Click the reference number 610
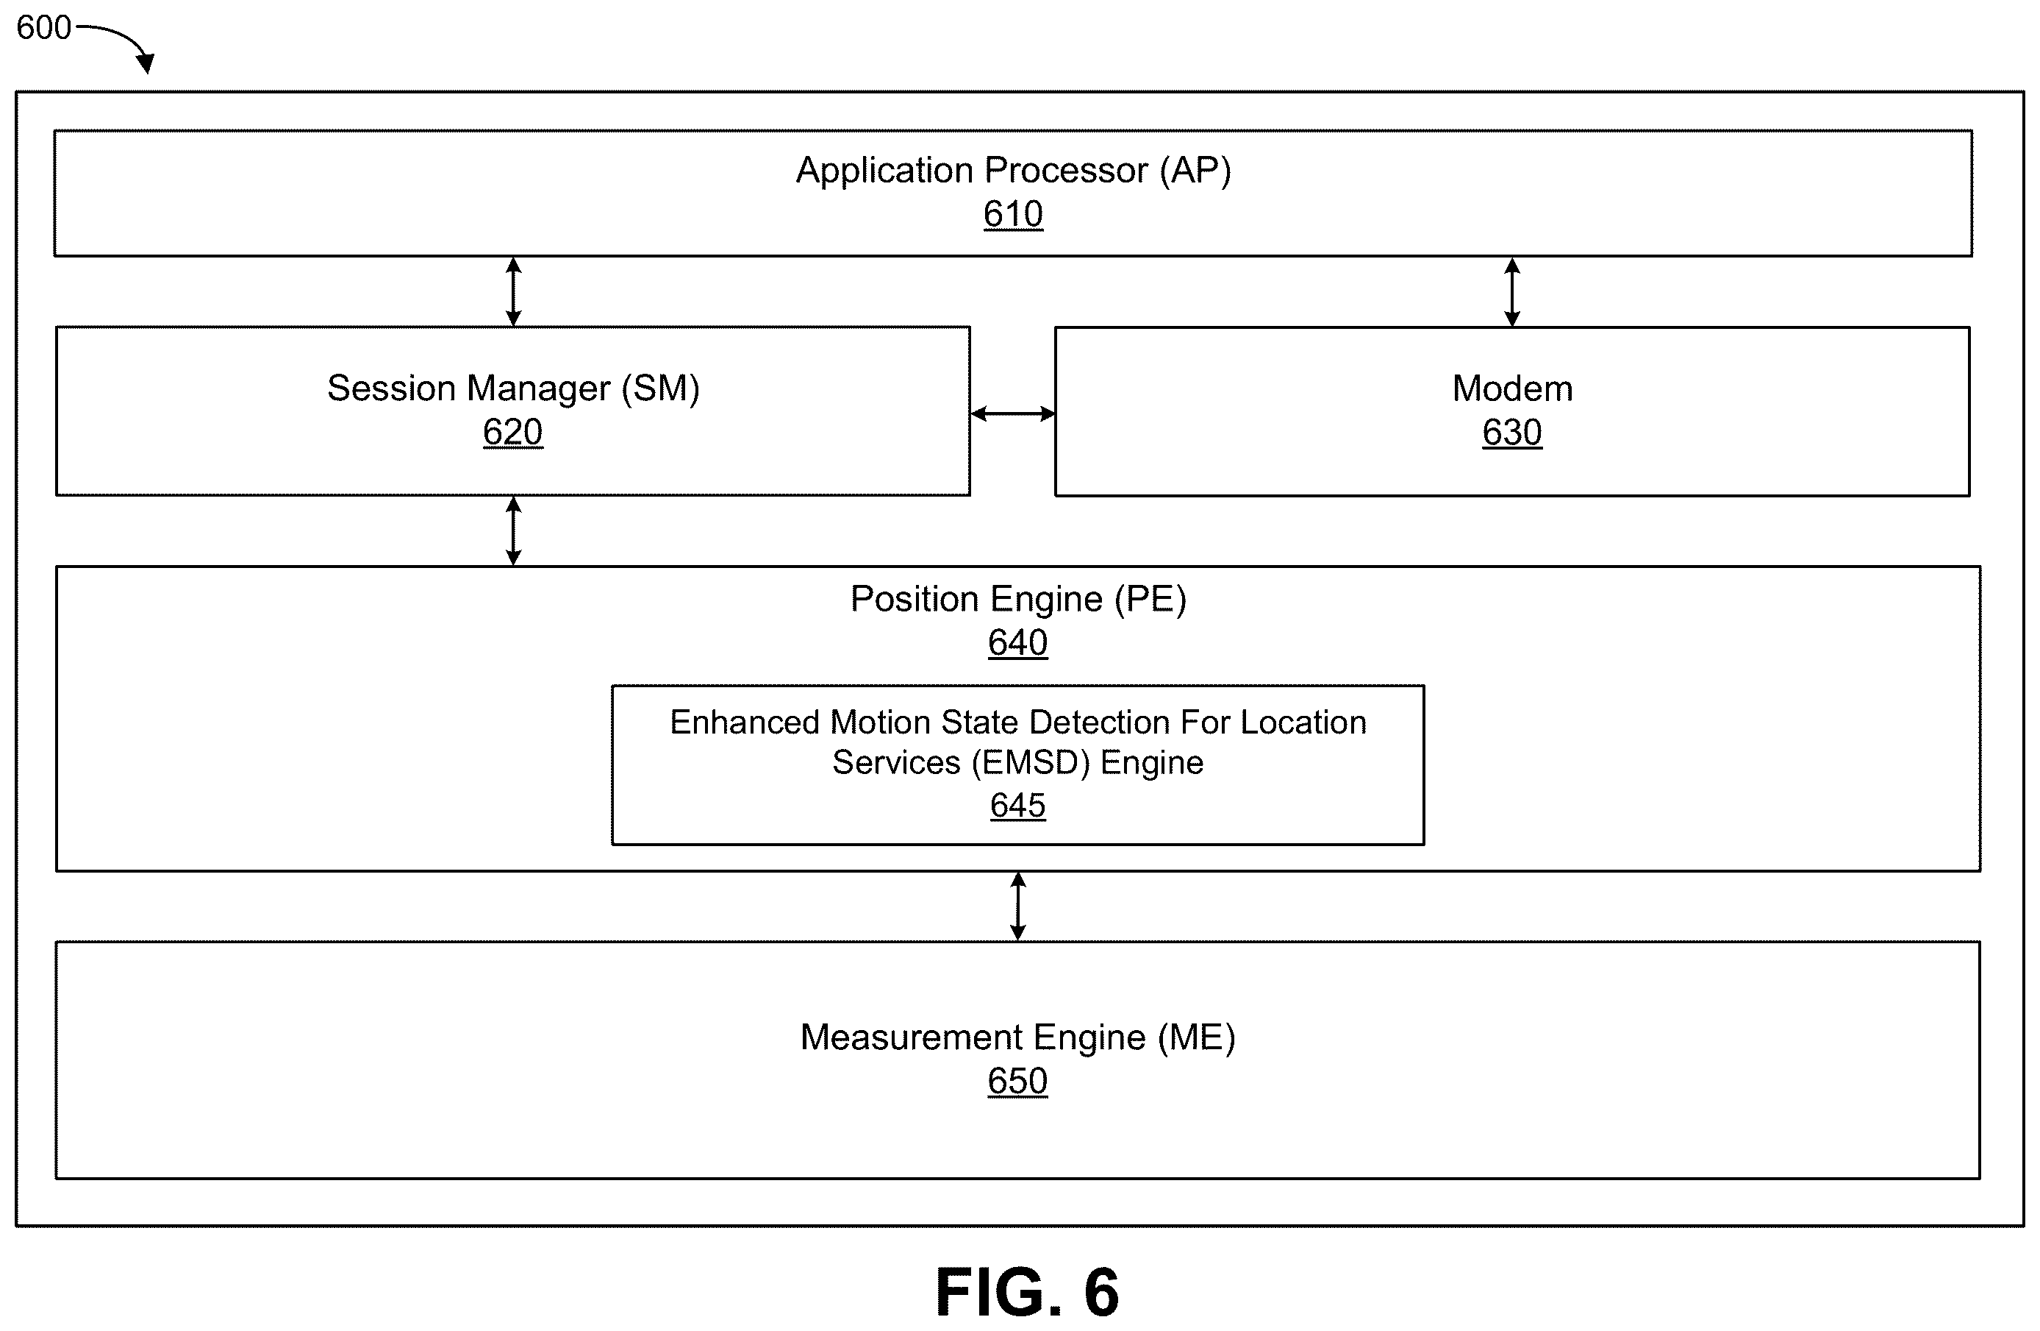point(1012,214)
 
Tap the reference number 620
point(512,432)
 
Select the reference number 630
point(1512,432)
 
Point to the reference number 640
point(1017,642)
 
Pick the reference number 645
point(1017,805)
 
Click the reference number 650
point(1017,1081)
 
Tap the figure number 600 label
point(43,27)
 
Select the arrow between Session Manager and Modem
point(1012,414)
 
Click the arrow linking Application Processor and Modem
point(1512,291)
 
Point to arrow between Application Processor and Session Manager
point(513,291)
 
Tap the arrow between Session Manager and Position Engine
point(513,531)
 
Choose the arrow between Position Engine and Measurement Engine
point(1017,906)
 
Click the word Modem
point(1512,388)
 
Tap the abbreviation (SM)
point(660,388)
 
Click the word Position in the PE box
point(915,599)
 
